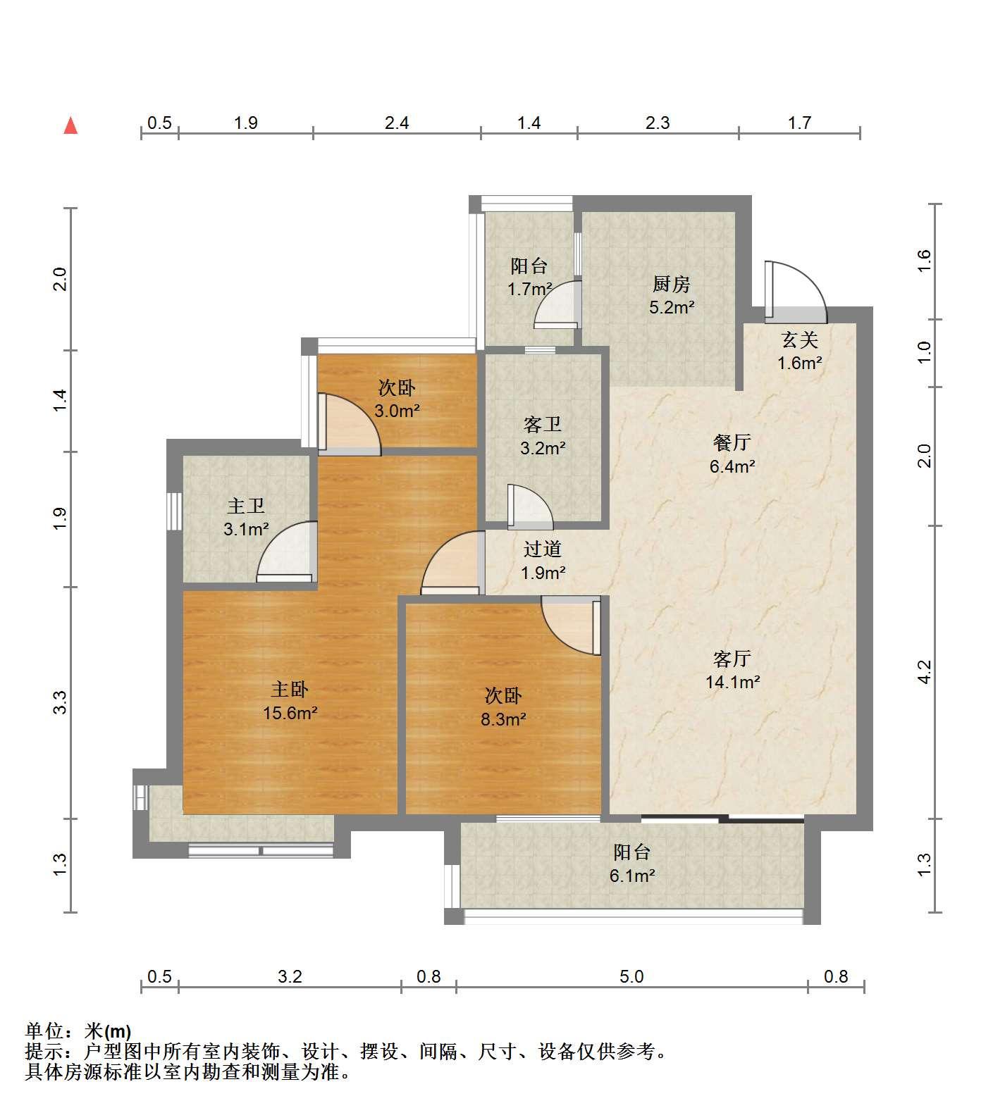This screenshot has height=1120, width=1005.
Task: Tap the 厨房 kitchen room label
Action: [671, 284]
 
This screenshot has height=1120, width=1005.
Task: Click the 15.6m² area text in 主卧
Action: [290, 713]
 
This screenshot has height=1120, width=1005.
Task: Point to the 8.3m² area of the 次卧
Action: [503, 719]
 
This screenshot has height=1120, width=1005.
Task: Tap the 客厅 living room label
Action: [732, 659]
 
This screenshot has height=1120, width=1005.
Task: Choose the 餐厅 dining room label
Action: [732, 442]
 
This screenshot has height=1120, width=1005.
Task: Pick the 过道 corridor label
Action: [543, 549]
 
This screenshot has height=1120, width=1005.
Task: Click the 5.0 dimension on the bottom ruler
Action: [631, 976]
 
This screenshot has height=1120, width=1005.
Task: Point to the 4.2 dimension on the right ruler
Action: [925, 671]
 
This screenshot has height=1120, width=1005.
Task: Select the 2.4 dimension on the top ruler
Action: [397, 123]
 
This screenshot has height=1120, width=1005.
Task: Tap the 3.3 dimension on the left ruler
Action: [61, 702]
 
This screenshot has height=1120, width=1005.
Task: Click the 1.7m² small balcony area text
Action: [530, 289]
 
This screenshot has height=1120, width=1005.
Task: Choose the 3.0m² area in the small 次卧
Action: [397, 411]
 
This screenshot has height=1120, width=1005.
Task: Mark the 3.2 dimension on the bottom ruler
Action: [290, 976]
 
